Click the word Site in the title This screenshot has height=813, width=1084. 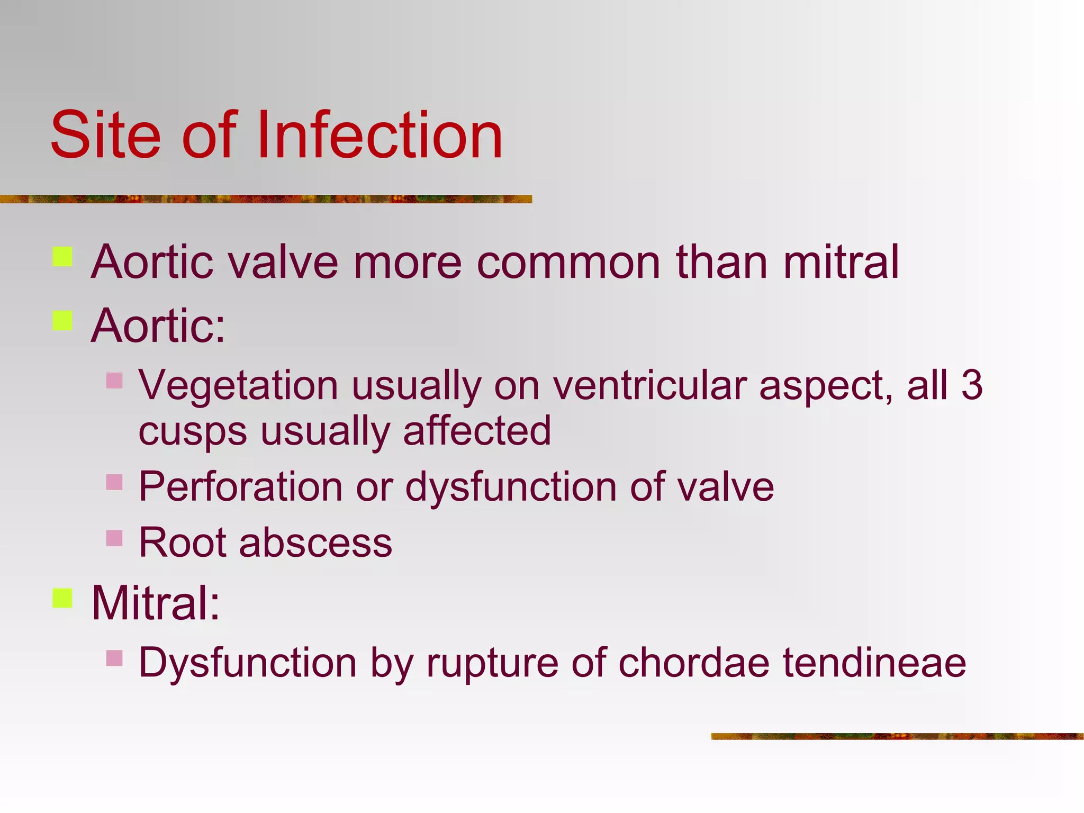point(105,135)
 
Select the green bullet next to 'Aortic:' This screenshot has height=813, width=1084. point(62,320)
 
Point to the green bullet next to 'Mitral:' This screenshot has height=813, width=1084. point(62,598)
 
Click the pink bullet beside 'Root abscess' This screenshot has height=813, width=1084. point(114,538)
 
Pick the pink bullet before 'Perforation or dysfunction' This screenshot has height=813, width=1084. point(114,482)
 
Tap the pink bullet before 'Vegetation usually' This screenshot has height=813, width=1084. point(114,381)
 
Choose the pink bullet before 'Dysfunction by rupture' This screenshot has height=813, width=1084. point(114,658)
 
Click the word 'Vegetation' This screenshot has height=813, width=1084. point(238,385)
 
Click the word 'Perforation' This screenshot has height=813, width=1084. point(240,486)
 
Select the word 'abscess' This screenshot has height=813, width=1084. point(315,543)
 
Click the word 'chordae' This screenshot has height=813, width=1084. point(694,662)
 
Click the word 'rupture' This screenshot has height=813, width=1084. point(492,663)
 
